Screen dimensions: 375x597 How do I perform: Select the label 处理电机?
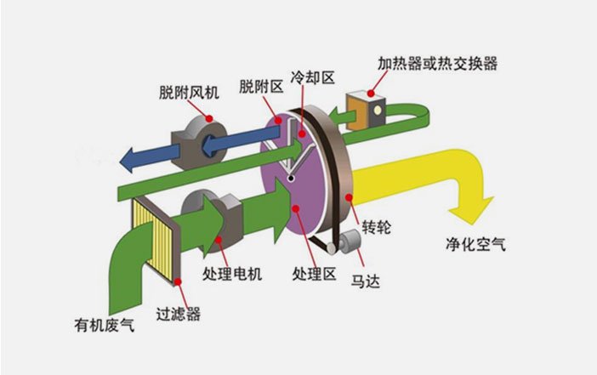pos(231,274)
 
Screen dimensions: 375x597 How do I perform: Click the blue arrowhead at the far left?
pos(129,156)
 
